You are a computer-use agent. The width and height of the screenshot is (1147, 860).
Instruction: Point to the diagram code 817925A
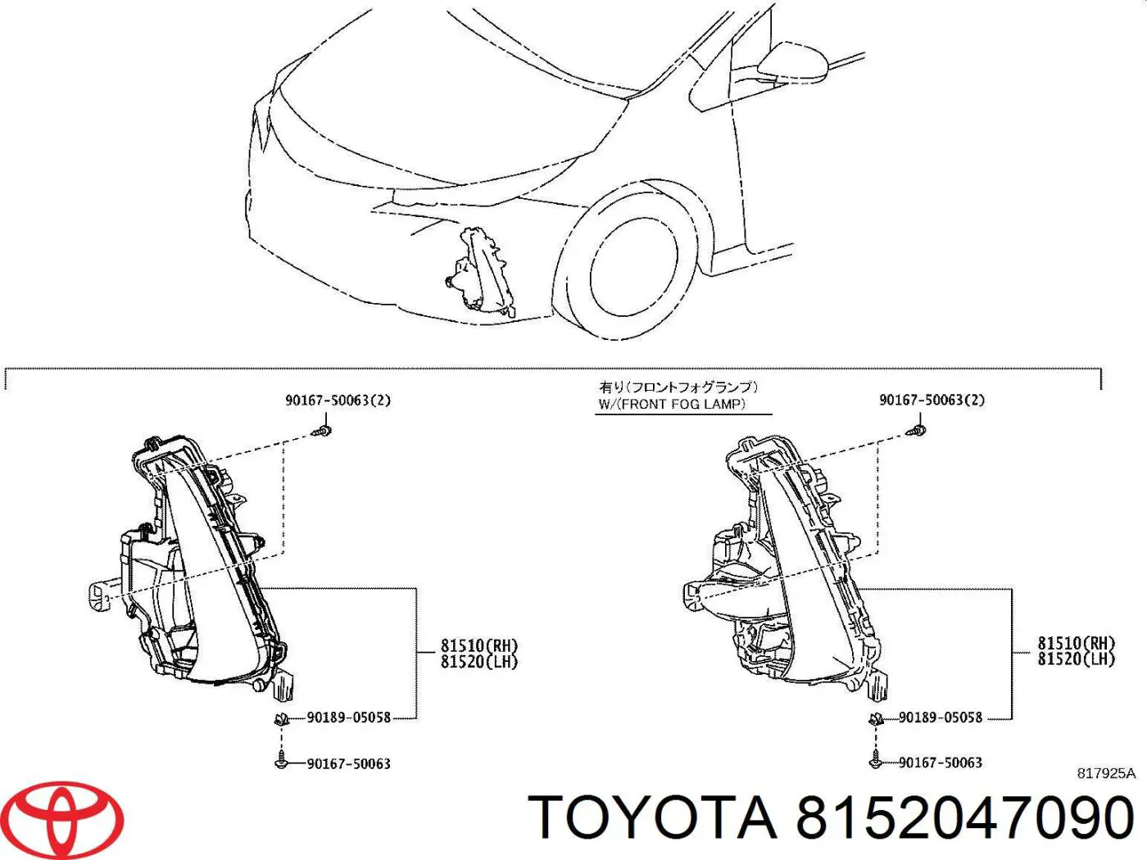pyautogui.click(x=1105, y=773)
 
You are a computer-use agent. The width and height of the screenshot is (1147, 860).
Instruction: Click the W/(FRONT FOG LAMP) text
pyautogui.click(x=672, y=404)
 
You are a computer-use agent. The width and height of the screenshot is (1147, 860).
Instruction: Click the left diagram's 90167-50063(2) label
pyautogui.click(x=338, y=401)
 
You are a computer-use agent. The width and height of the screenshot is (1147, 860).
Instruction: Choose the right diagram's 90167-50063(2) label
pyautogui.click(x=932, y=400)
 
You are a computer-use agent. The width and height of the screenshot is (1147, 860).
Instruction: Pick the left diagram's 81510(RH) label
pyautogui.click(x=479, y=646)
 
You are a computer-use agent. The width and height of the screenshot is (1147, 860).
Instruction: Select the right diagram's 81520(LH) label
pyautogui.click(x=1076, y=659)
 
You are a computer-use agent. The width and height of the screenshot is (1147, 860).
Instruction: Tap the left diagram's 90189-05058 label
pyautogui.click(x=348, y=717)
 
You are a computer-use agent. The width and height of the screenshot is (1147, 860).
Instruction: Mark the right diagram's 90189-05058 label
pyautogui.click(x=940, y=717)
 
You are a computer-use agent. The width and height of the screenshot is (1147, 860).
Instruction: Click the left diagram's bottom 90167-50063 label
pyautogui.click(x=348, y=763)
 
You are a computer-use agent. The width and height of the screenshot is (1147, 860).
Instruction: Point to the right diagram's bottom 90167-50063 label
pyautogui.click(x=940, y=763)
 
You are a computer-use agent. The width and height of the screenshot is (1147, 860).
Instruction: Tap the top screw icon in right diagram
pyautogui.click(x=919, y=428)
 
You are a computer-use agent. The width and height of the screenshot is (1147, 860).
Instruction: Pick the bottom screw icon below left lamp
pyautogui.click(x=282, y=761)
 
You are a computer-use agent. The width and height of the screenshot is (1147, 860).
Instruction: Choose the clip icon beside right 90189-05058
pyautogui.click(x=876, y=719)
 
